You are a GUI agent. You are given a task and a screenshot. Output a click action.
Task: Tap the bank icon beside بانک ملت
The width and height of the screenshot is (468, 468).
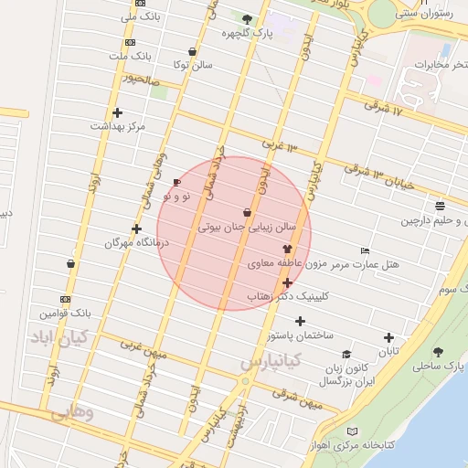(x=129, y=42)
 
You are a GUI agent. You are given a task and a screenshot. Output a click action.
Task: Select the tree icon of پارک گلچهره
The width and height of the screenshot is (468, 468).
(x=247, y=18)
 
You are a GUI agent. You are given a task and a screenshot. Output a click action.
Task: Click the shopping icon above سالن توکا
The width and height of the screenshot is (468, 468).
(x=191, y=52)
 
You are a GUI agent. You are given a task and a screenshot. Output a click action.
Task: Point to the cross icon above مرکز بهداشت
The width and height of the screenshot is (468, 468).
(x=117, y=112)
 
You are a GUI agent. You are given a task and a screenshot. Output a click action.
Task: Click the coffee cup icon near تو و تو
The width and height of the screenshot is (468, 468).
(x=176, y=182)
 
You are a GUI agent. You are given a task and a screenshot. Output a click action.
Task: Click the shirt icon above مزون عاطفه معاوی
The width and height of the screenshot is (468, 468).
(x=287, y=249)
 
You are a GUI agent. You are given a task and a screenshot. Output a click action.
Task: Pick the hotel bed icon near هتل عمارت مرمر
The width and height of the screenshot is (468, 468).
(x=366, y=250)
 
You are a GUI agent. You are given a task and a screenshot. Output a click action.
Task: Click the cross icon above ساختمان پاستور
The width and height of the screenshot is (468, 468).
(x=300, y=321)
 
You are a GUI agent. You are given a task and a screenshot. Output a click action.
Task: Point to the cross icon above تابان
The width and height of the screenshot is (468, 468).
(x=389, y=337)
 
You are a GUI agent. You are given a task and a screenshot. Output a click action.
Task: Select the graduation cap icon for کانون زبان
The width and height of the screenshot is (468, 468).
(x=346, y=355)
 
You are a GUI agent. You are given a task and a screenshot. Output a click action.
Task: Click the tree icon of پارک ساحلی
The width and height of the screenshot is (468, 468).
(x=439, y=352)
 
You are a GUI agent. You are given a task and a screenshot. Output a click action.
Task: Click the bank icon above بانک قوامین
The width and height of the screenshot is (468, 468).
(x=65, y=299)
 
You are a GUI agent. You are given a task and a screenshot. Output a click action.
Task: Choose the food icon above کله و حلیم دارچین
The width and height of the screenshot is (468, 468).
(x=441, y=206)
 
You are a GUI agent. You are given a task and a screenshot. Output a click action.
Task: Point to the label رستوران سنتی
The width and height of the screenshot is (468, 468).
(x=421, y=14)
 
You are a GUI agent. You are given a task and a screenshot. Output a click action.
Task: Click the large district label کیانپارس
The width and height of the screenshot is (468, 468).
(x=271, y=362)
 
